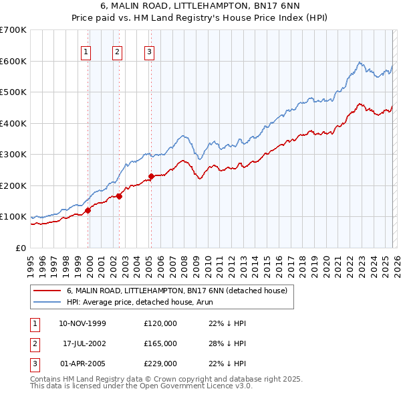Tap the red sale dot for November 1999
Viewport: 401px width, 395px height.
[88, 210]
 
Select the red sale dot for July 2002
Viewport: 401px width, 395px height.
[119, 196]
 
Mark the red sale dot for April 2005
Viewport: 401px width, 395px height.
[151, 177]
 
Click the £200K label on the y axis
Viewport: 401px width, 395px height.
[13, 185]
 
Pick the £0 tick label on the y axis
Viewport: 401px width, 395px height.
[21, 248]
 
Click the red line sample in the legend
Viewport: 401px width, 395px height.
[47, 291]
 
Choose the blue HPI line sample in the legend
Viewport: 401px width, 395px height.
[47, 302]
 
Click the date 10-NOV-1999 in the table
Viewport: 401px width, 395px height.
[82, 323]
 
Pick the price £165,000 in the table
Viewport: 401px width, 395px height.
[160, 343]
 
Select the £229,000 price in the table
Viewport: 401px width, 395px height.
[160, 364]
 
